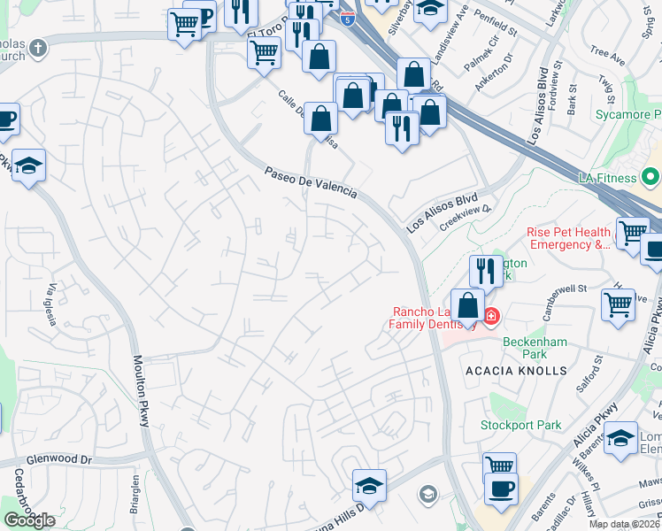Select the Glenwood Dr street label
pos(58,460)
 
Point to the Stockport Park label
pos(520,425)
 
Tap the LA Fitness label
pos(606,178)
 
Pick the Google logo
pos(29,519)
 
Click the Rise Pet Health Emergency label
pos(568,238)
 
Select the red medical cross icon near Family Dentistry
pos(490,316)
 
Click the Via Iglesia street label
pos(53,304)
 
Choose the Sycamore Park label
pos(629,115)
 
